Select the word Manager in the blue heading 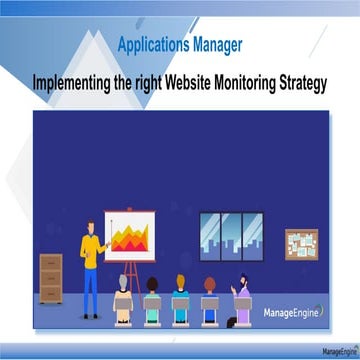coord(217,44)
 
